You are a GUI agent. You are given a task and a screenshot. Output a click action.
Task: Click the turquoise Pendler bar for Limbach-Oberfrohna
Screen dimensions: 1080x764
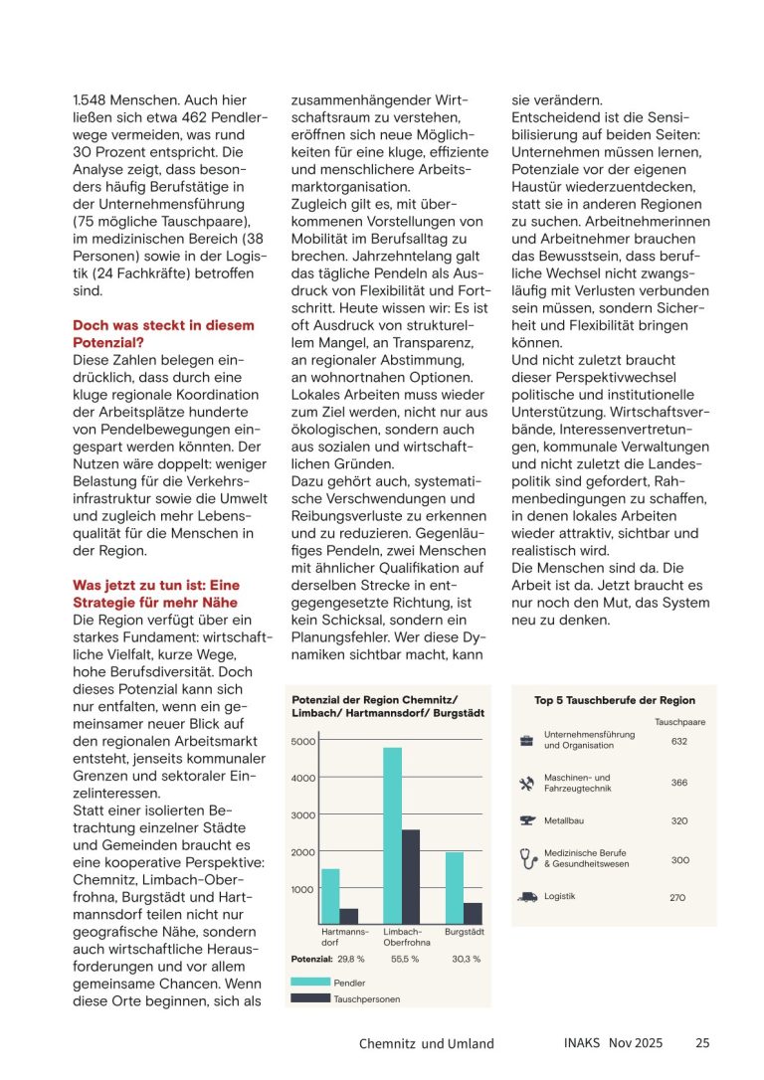393,835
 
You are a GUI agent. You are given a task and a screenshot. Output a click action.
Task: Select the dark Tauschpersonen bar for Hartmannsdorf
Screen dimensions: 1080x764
349,915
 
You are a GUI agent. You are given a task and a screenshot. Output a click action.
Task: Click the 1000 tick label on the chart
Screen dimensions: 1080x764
302,889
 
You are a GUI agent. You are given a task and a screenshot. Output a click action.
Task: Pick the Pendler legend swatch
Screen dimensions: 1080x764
310,982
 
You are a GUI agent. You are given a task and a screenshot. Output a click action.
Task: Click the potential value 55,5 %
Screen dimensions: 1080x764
404,960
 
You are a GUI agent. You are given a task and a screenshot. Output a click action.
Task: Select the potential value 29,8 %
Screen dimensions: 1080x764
351,960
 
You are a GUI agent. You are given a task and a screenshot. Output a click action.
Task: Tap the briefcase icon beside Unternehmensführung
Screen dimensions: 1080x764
527,740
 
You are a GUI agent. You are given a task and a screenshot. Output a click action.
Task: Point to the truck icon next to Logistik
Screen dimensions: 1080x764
527,896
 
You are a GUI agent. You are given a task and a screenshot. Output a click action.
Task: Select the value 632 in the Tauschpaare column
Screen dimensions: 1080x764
679,741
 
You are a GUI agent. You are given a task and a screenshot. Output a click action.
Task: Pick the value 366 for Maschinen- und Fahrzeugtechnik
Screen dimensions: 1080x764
679,783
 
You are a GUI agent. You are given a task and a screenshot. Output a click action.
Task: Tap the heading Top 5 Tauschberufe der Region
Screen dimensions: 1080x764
615,700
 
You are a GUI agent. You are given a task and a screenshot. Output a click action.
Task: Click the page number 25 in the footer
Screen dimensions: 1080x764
702,1043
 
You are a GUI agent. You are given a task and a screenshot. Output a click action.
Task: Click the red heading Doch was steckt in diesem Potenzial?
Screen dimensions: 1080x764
164,332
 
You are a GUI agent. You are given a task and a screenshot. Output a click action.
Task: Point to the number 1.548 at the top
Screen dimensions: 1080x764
92,100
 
